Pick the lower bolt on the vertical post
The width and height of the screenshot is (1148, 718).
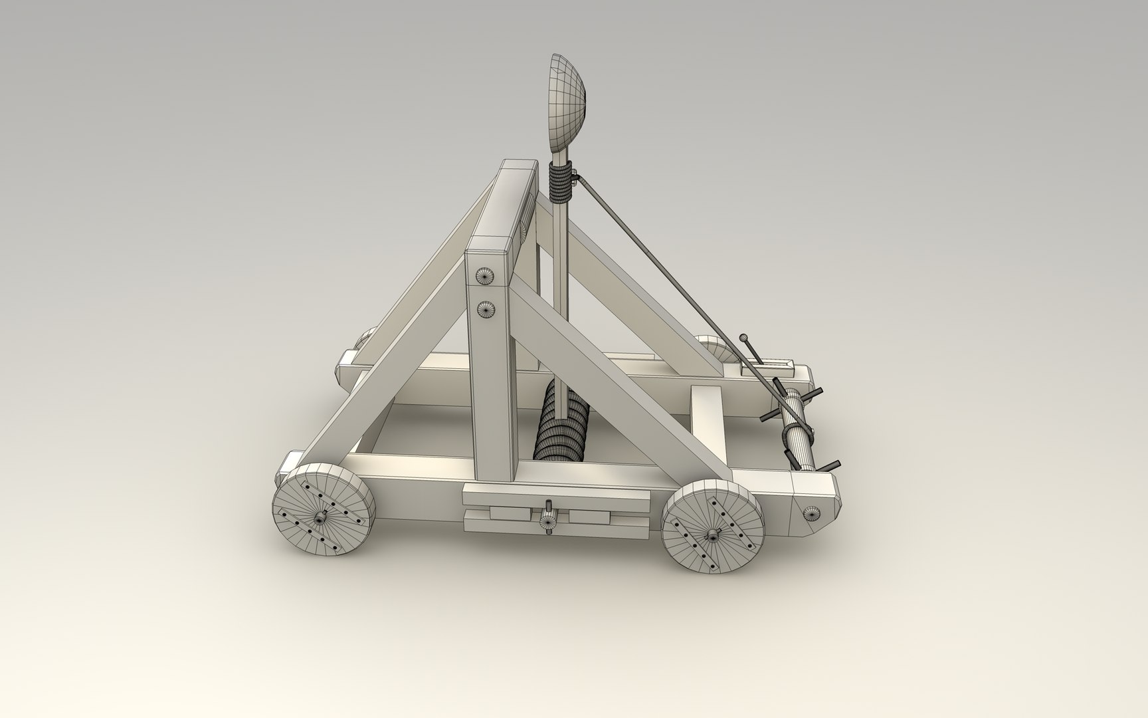[488, 308]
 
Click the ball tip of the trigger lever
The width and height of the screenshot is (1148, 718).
[743, 337]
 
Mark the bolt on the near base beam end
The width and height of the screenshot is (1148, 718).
[811, 512]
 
